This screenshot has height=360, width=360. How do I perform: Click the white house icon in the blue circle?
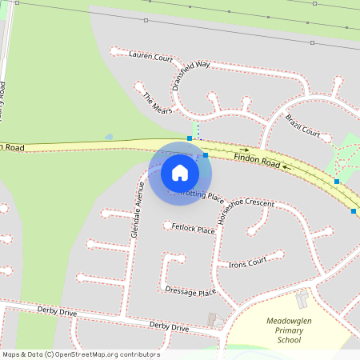[180, 173]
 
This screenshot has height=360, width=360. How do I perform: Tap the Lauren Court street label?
[150, 57]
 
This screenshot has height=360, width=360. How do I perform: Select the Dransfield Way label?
[190, 73]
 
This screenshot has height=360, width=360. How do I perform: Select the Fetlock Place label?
[194, 229]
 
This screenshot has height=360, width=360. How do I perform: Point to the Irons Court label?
[247, 263]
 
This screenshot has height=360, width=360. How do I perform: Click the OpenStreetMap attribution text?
[81, 354]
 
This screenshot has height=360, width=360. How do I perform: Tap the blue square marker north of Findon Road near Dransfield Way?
[190, 138]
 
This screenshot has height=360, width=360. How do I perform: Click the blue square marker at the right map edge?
[354, 211]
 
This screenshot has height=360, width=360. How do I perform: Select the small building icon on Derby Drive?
[216, 321]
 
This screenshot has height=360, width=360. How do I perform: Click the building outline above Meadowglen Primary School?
[302, 300]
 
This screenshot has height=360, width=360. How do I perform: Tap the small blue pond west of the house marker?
[109, 137]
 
